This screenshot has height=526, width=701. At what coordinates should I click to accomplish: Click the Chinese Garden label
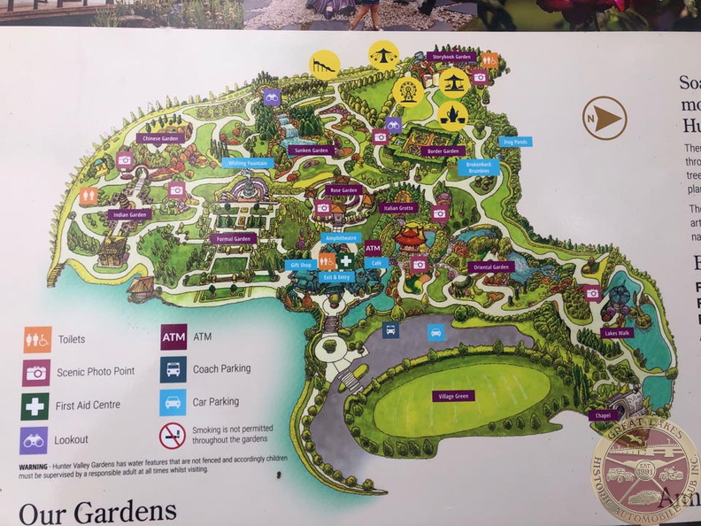tap(158, 138)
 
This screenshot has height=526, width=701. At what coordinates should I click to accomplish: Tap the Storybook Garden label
tap(451, 57)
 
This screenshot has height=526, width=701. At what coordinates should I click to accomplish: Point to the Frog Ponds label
tap(514, 141)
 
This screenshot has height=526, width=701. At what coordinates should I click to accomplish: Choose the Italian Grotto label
tap(398, 207)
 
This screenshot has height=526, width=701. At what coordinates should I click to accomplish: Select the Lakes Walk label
tap(616, 333)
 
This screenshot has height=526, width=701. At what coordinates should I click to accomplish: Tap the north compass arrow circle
tap(605, 118)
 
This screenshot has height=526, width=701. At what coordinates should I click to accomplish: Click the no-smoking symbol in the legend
tap(172, 436)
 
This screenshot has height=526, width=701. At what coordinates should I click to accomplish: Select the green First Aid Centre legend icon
tap(35, 406)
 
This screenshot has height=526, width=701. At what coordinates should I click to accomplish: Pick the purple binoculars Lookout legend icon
tap(34, 440)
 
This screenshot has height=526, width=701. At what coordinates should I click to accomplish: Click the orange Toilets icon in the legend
tap(36, 338)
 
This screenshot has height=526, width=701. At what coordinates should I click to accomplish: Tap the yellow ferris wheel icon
tap(407, 89)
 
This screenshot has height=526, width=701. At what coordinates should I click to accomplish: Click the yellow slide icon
tap(324, 64)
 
